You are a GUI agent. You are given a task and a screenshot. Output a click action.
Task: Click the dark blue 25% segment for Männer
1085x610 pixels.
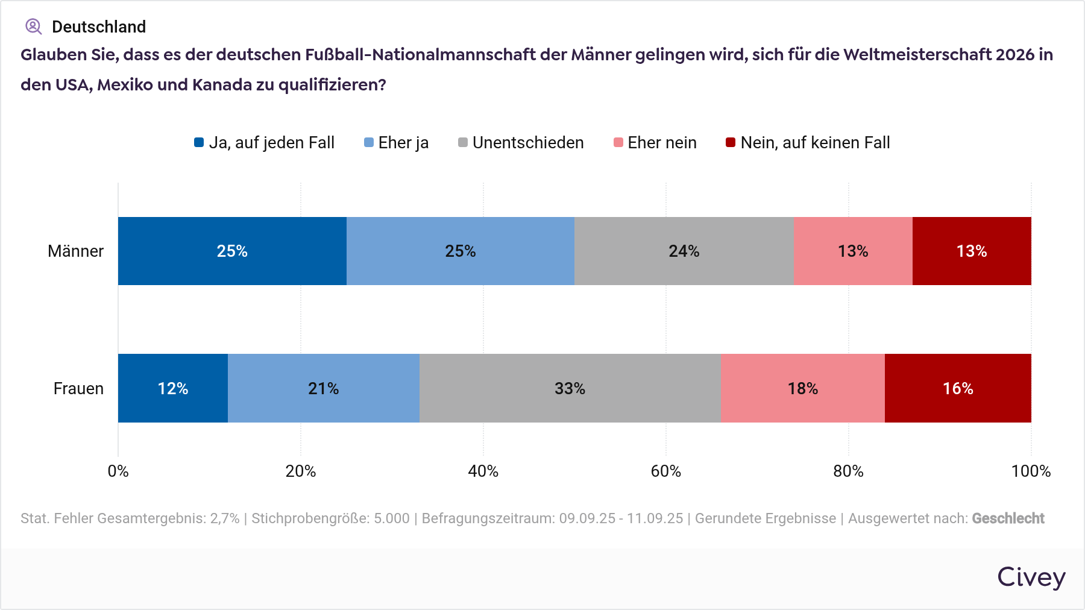coord(232,251)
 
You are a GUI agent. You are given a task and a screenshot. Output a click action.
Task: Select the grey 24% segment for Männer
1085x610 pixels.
coord(684,251)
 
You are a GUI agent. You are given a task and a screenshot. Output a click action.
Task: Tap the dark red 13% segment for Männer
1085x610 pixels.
coord(972,251)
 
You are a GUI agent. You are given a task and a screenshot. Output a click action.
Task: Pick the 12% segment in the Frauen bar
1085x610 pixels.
coord(173,388)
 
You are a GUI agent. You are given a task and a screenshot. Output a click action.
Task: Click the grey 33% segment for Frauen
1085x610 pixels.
coord(570,388)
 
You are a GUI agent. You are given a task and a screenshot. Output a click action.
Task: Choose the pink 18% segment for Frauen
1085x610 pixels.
coord(802,388)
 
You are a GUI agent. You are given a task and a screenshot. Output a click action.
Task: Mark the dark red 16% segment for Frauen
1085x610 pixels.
coord(958,388)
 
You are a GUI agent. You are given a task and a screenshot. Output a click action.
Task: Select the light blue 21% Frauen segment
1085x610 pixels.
coord(324,388)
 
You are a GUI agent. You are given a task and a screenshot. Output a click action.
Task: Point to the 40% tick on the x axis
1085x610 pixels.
coord(483,471)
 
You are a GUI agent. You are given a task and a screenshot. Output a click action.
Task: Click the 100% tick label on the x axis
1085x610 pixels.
coord(1031,471)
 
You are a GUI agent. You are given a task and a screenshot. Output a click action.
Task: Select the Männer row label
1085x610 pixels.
coord(76,251)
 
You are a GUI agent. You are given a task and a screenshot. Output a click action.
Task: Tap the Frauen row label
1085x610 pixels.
coord(78,389)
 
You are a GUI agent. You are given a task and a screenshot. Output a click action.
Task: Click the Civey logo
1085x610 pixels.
coord(1031,577)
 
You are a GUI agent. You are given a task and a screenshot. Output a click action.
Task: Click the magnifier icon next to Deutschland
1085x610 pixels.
coord(33,27)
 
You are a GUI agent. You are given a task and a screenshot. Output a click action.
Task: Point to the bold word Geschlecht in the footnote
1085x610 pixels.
coord(1008,518)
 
